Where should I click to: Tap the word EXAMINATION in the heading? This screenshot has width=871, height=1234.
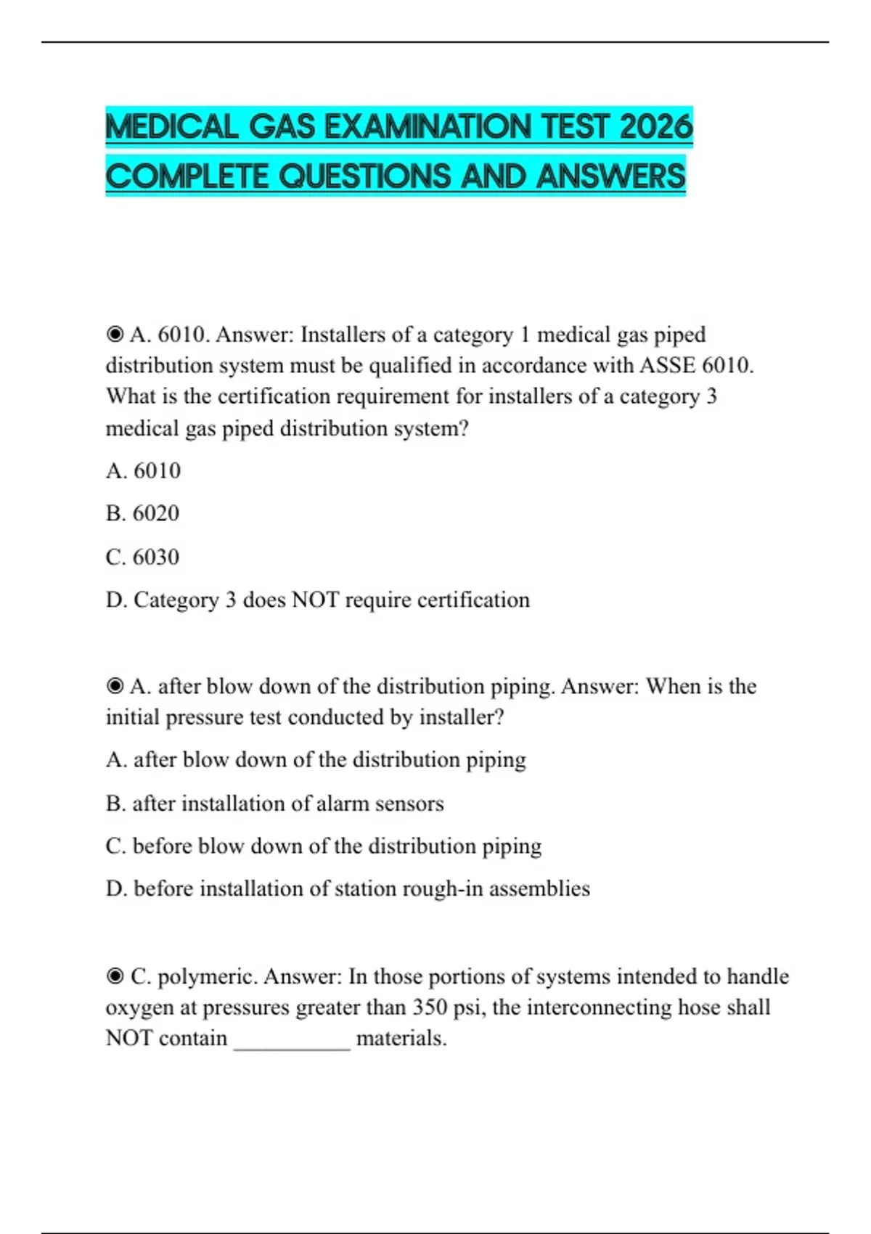click(428, 127)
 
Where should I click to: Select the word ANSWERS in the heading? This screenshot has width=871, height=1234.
click(610, 176)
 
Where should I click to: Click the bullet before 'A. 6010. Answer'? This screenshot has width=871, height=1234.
click(115, 335)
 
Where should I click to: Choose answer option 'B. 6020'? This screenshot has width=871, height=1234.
click(142, 513)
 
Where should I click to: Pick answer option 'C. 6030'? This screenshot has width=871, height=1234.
click(142, 557)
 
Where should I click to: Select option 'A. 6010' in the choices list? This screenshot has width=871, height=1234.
click(143, 470)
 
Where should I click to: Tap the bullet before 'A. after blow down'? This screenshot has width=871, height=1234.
click(115, 686)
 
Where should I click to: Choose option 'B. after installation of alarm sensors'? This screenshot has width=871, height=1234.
click(274, 803)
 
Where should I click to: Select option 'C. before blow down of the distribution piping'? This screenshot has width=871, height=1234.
click(324, 846)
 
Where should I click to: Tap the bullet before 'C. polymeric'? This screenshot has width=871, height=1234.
click(115, 976)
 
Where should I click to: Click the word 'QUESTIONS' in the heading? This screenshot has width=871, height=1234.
click(367, 176)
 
